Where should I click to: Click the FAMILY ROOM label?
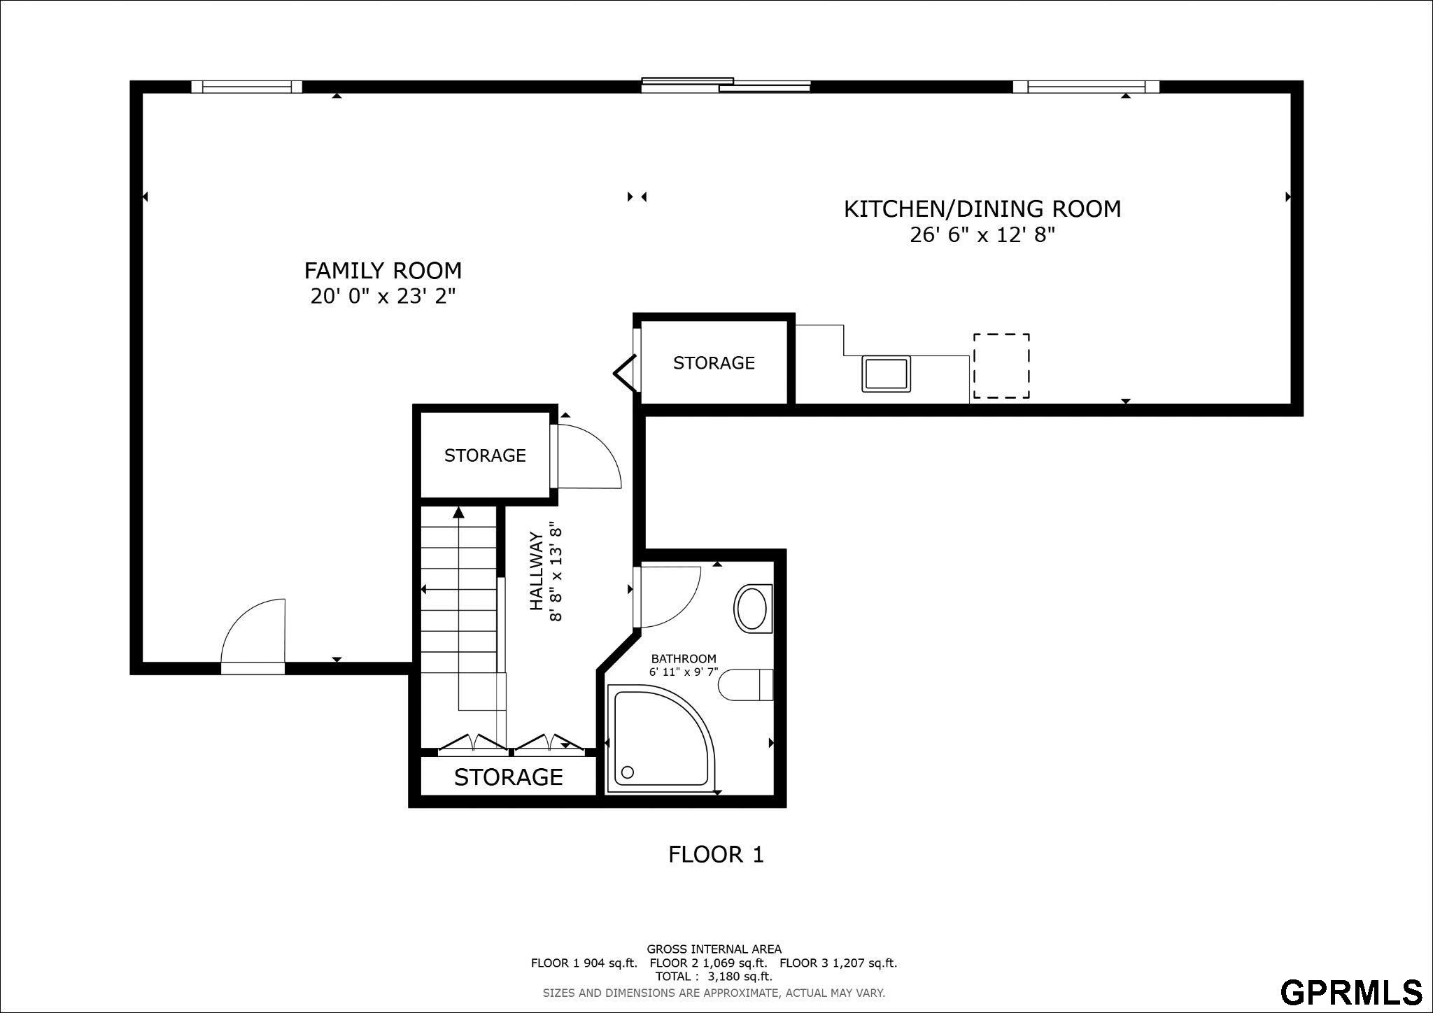tap(383, 270)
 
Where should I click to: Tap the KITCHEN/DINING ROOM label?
tap(982, 208)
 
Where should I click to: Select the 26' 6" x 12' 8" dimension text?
tap(982, 234)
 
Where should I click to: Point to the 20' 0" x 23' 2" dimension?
tap(383, 296)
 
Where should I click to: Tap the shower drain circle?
tap(628, 772)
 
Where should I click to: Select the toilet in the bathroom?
tap(746, 684)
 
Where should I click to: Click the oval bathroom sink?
tap(752, 609)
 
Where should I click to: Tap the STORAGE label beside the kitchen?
tap(714, 362)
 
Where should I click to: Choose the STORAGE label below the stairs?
tap(508, 777)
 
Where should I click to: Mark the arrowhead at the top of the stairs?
tap(458, 513)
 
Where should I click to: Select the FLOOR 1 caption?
tap(716, 854)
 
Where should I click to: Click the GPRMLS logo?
tap(1352, 992)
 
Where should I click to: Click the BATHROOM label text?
tap(684, 658)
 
